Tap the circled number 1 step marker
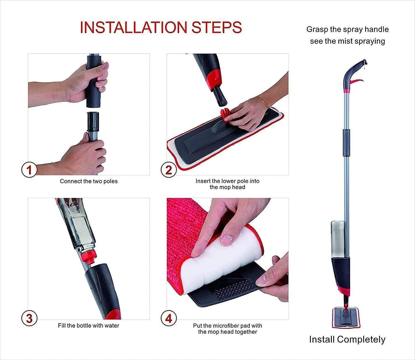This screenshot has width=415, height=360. pyautogui.click(x=29, y=170)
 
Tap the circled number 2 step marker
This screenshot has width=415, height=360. pyautogui.click(x=168, y=170)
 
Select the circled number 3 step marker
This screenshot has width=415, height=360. pyautogui.click(x=29, y=318)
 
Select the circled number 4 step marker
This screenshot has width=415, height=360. pyautogui.click(x=168, y=318)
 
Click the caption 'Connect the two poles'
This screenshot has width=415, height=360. pyautogui.click(x=89, y=181)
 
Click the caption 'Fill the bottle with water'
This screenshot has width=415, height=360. pyautogui.click(x=89, y=325)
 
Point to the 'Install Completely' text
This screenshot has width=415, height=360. pyautogui.click(x=347, y=339)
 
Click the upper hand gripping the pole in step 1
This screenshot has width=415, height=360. pyautogui.click(x=83, y=83)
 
